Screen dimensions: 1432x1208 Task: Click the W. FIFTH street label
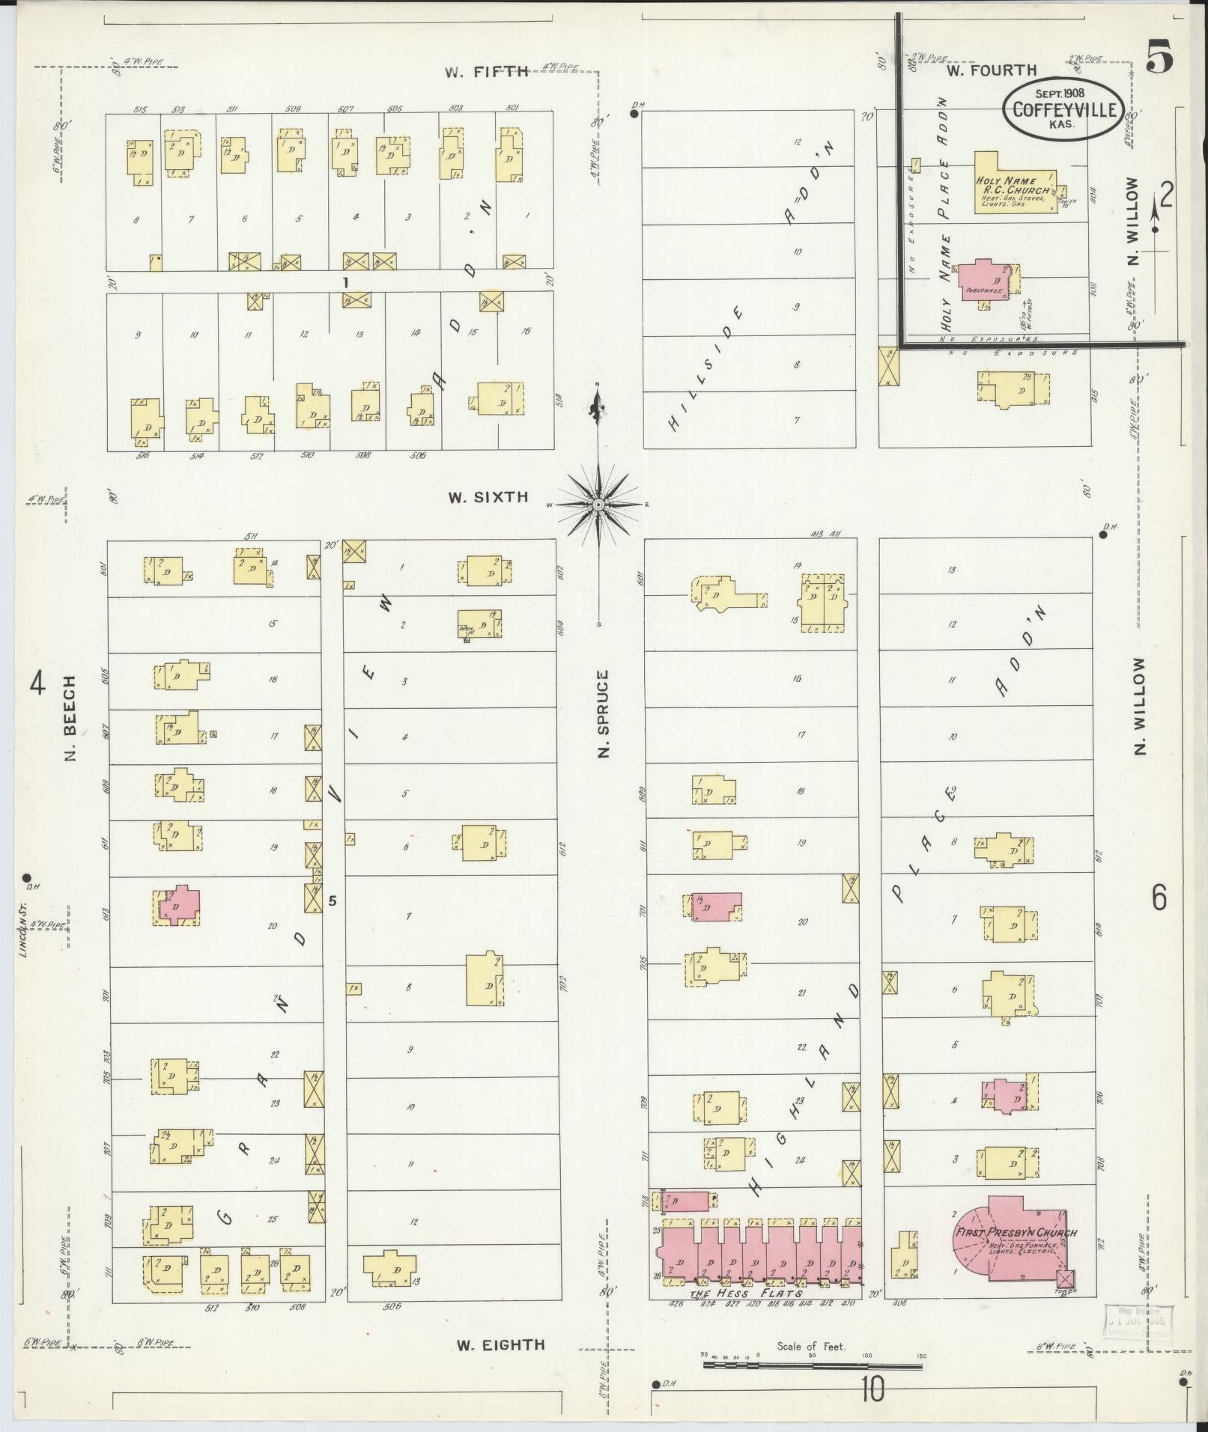488,73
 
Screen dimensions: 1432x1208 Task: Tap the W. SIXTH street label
488,497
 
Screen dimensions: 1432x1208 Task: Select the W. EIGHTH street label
501,1345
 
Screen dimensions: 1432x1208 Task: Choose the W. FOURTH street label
992,70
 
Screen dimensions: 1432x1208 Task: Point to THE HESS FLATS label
747,1294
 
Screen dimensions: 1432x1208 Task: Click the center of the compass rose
598,505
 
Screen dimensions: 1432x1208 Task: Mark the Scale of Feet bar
813,1366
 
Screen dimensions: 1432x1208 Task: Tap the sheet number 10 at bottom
872,1390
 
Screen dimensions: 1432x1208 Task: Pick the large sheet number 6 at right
1159,898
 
